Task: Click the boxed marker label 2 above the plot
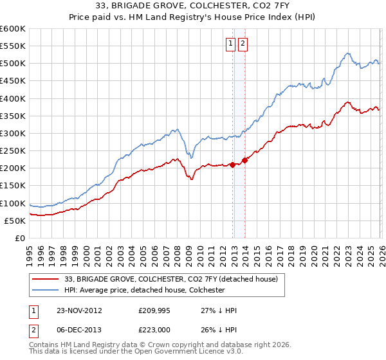click(243, 44)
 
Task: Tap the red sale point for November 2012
click(232, 165)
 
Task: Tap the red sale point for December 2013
click(244, 160)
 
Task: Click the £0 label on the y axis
click(19, 238)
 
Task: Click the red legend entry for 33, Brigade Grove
click(170, 279)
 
